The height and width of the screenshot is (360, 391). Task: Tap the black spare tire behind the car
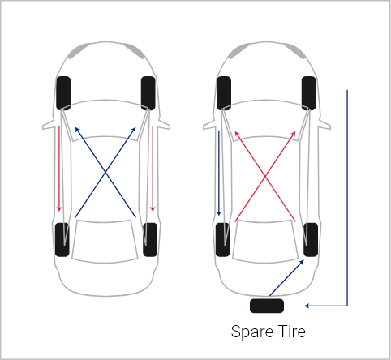coord(267,306)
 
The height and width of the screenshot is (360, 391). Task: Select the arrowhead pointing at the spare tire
coord(307,306)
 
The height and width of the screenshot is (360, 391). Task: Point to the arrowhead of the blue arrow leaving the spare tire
coord(302,262)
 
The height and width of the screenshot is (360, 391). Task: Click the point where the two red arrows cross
coord(265,177)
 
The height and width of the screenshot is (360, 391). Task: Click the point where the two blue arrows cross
coord(105,172)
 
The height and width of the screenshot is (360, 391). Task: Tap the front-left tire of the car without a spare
coord(63,93)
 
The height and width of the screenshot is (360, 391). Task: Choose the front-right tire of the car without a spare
coord(148,93)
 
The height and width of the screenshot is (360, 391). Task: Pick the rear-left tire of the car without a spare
coord(62,240)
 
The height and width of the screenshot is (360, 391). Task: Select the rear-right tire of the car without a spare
coord(150,240)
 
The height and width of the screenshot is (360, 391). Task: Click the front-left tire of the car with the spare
coord(224,93)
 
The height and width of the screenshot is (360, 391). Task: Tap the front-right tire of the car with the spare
coord(309,93)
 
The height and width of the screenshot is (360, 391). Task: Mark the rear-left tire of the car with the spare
coord(223,240)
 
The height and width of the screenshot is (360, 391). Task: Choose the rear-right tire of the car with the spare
coord(311,240)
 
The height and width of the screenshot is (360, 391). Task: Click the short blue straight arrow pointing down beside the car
coord(219,173)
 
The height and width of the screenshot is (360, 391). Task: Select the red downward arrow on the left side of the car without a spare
coord(59,169)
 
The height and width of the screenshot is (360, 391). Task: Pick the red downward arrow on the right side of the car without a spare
coord(153,169)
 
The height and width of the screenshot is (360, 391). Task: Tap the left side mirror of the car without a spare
coord(49,125)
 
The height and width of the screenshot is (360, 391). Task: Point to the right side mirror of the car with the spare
coord(324,125)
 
